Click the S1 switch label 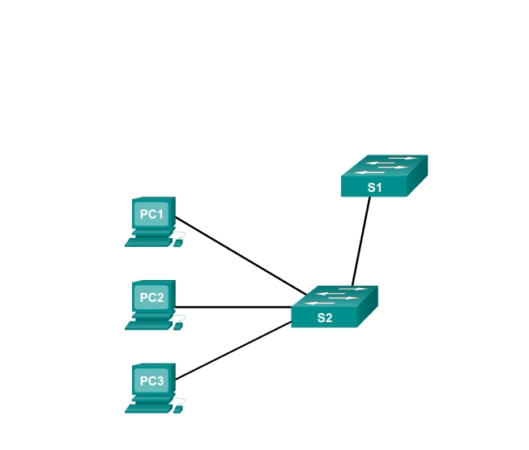374,188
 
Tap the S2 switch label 324,318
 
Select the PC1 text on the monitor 151,214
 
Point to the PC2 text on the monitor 151,297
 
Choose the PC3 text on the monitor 151,380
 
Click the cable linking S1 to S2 361,240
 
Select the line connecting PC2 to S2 235,307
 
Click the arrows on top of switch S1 385,164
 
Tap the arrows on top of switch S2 335,295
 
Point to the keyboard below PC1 148,241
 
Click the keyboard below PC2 148,325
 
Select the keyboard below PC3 148,408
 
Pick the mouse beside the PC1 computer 178,242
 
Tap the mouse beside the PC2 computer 178,325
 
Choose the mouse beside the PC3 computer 178,409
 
